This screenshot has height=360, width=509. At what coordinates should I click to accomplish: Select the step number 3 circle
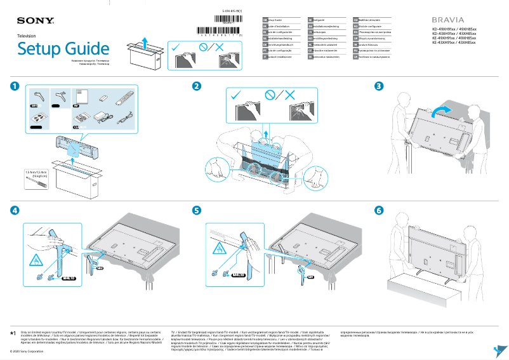(x=379, y=86)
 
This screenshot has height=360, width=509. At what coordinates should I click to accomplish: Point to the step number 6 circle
(x=379, y=210)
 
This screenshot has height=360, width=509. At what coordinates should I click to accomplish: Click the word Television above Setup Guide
(x=27, y=36)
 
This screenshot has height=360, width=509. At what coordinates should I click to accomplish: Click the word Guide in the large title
(x=89, y=49)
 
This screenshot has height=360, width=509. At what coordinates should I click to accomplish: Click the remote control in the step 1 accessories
(x=126, y=98)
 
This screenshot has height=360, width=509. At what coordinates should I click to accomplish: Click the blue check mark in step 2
(x=237, y=95)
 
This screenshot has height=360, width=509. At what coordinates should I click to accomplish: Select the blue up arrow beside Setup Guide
(x=145, y=43)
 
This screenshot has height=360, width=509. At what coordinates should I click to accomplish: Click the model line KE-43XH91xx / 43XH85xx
(x=454, y=43)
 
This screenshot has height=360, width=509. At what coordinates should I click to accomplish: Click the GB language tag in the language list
(x=265, y=20)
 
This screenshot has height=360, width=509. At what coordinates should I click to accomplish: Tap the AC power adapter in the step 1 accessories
(x=101, y=117)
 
